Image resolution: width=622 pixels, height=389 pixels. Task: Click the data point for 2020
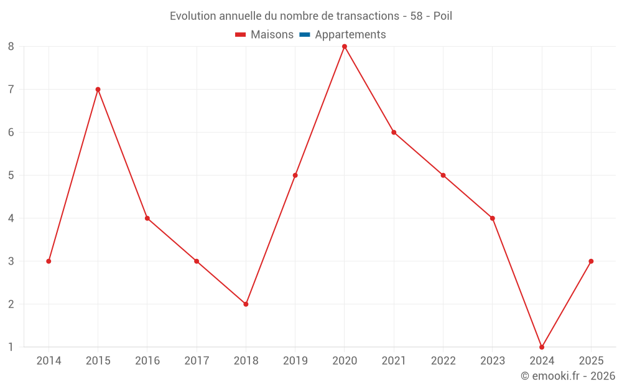345,47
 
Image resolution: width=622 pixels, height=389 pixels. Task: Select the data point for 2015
98,90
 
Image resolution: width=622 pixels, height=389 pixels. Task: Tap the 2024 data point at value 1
542,347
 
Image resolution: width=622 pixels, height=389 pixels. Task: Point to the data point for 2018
246,304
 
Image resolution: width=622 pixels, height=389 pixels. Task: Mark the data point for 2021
394,133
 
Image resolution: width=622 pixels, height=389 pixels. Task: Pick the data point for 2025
591,261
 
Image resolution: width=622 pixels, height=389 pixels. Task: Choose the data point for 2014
49,261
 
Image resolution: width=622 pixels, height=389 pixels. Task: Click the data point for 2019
295,176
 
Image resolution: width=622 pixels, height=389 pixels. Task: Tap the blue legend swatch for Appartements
305,35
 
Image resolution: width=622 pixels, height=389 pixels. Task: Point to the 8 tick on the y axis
11,47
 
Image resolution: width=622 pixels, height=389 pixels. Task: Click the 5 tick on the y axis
11,176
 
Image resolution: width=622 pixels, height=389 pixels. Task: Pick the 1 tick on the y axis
11,347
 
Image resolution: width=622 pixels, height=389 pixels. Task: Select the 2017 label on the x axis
197,361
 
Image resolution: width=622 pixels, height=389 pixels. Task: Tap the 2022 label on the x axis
443,361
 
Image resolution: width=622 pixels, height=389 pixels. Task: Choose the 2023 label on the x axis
493,361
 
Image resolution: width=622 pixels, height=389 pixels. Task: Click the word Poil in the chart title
442,16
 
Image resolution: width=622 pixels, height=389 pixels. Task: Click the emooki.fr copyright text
568,376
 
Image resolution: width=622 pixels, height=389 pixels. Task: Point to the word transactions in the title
369,16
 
